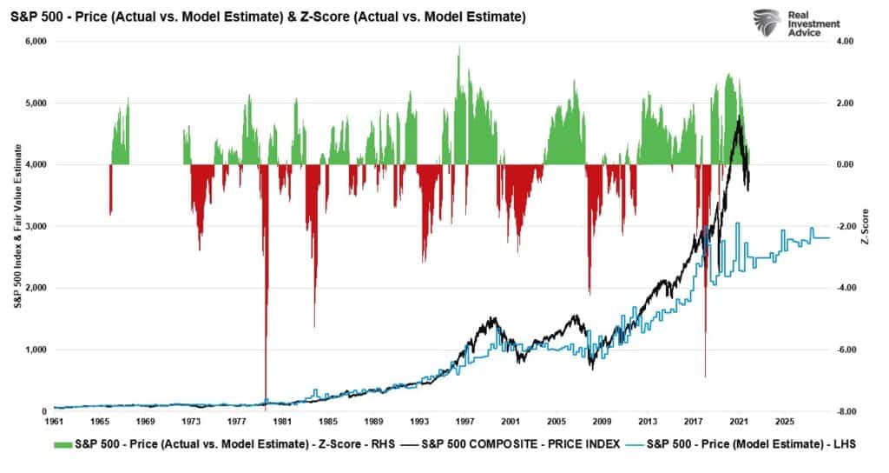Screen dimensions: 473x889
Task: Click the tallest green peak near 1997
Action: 458,49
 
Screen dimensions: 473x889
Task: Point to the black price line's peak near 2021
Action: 739,117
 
